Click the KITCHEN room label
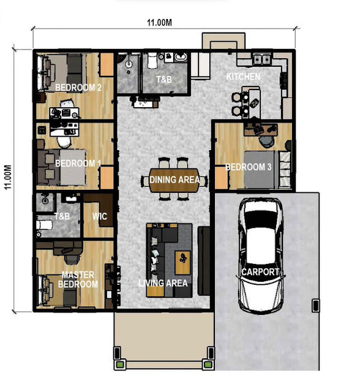pos(243,77)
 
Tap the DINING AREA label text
pos(174,179)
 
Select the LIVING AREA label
pos(163,283)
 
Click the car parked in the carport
pos(260,255)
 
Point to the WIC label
pos(99,216)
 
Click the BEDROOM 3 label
pos(249,167)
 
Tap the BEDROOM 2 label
pos(78,88)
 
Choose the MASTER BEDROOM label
pos(78,279)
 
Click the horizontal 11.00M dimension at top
pos(159,23)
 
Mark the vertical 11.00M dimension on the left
pos(8,177)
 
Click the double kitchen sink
pos(262,59)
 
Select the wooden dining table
pos(174,180)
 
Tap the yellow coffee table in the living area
pos(182,263)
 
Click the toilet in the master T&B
pos(44,225)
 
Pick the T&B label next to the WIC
pos(62,216)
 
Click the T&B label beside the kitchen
pos(164,80)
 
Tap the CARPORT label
pos(260,272)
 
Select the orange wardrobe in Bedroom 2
pos(107,64)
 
